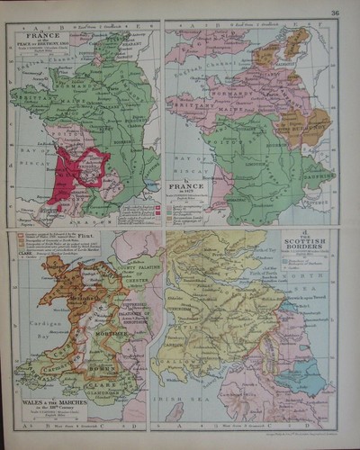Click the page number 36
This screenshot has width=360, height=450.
point(335,12)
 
